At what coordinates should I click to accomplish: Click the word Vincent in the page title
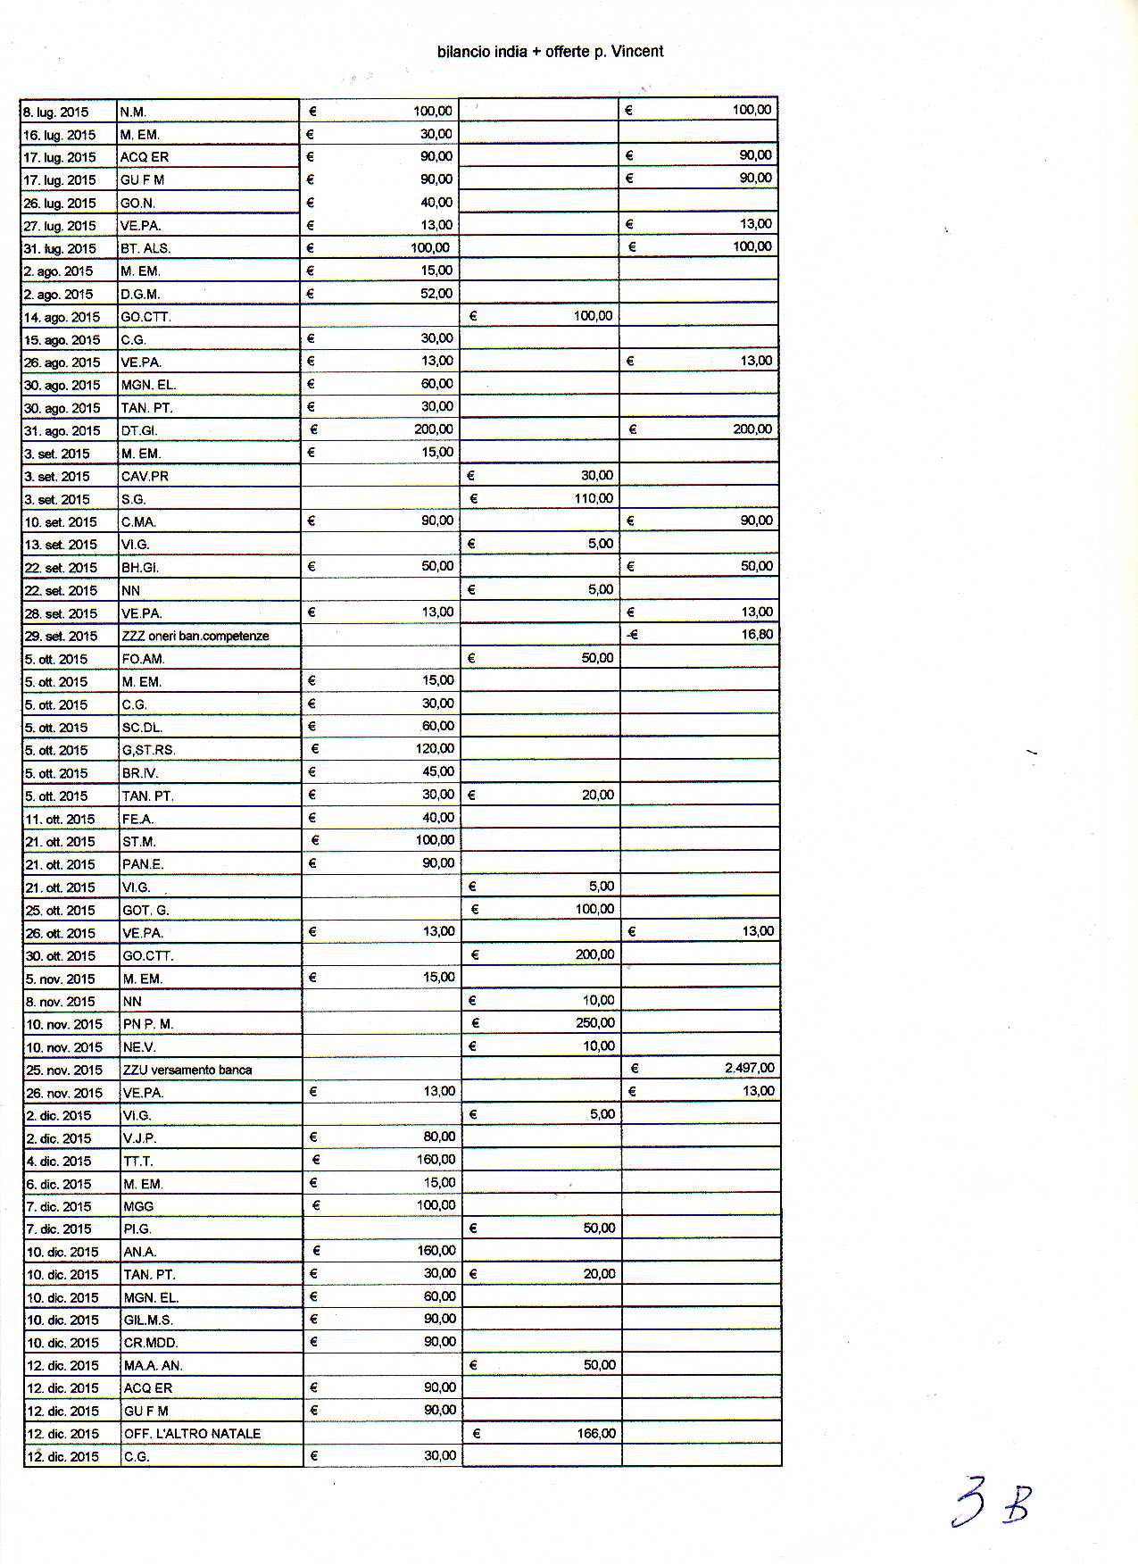point(637,52)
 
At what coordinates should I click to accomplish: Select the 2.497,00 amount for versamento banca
point(749,1068)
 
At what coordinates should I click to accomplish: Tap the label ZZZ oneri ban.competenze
point(195,636)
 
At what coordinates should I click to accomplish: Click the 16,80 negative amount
point(757,634)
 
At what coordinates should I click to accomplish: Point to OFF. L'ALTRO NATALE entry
point(192,1433)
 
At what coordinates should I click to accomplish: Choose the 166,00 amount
point(596,1433)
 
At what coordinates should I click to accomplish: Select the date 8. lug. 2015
point(55,112)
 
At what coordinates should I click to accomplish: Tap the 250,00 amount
point(595,1022)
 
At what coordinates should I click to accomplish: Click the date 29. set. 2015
point(61,636)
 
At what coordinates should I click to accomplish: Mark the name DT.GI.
point(139,430)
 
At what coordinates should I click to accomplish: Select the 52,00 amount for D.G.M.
point(436,293)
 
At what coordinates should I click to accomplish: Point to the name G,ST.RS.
point(148,750)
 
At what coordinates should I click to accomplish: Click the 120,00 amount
point(435,748)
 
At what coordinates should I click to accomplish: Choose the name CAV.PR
point(145,476)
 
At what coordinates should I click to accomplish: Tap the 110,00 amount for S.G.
point(594,498)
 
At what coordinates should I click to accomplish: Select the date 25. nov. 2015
point(64,1070)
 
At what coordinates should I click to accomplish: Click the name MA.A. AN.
point(154,1365)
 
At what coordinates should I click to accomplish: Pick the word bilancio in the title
point(463,52)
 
